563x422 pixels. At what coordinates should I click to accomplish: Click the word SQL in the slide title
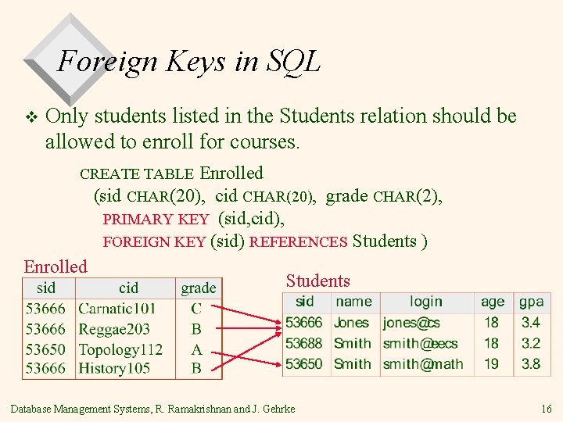[x=294, y=61]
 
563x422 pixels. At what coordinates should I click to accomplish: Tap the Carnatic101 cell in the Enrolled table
[x=117, y=309]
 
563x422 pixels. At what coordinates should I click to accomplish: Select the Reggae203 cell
[x=114, y=329]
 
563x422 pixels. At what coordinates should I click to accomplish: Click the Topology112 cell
[x=120, y=349]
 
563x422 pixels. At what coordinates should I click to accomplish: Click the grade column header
[x=199, y=288]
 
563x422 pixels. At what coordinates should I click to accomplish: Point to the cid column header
[x=128, y=288]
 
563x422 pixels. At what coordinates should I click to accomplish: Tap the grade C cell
[x=196, y=309]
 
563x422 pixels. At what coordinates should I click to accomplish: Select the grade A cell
[x=196, y=349]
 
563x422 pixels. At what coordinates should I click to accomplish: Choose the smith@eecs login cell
[x=420, y=342]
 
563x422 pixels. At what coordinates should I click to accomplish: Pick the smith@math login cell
[x=422, y=363]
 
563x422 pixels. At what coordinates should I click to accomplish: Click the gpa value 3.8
[x=530, y=363]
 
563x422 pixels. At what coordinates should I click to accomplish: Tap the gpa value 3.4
[x=530, y=322]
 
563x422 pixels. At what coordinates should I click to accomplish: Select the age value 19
[x=491, y=363]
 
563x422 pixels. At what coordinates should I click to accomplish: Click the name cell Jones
[x=351, y=322]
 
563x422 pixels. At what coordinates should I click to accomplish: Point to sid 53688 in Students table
[x=303, y=342]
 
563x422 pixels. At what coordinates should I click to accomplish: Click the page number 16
[x=546, y=409]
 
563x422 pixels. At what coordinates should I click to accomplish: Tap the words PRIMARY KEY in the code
[x=156, y=220]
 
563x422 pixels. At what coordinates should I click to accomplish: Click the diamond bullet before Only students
[x=31, y=117]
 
